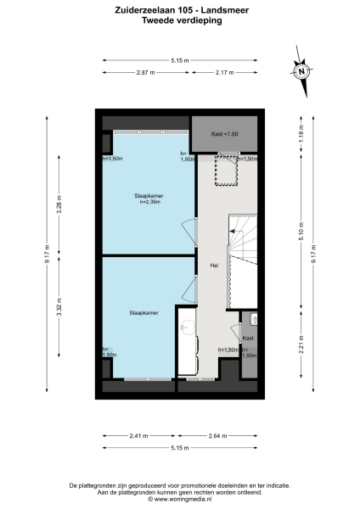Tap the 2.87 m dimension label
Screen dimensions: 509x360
(147, 73)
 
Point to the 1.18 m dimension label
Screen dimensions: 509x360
(300, 131)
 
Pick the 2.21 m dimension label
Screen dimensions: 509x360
(300, 344)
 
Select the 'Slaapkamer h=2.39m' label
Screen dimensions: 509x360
(149, 199)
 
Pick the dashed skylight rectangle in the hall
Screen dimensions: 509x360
(226, 171)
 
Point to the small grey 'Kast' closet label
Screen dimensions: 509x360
(247, 338)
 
